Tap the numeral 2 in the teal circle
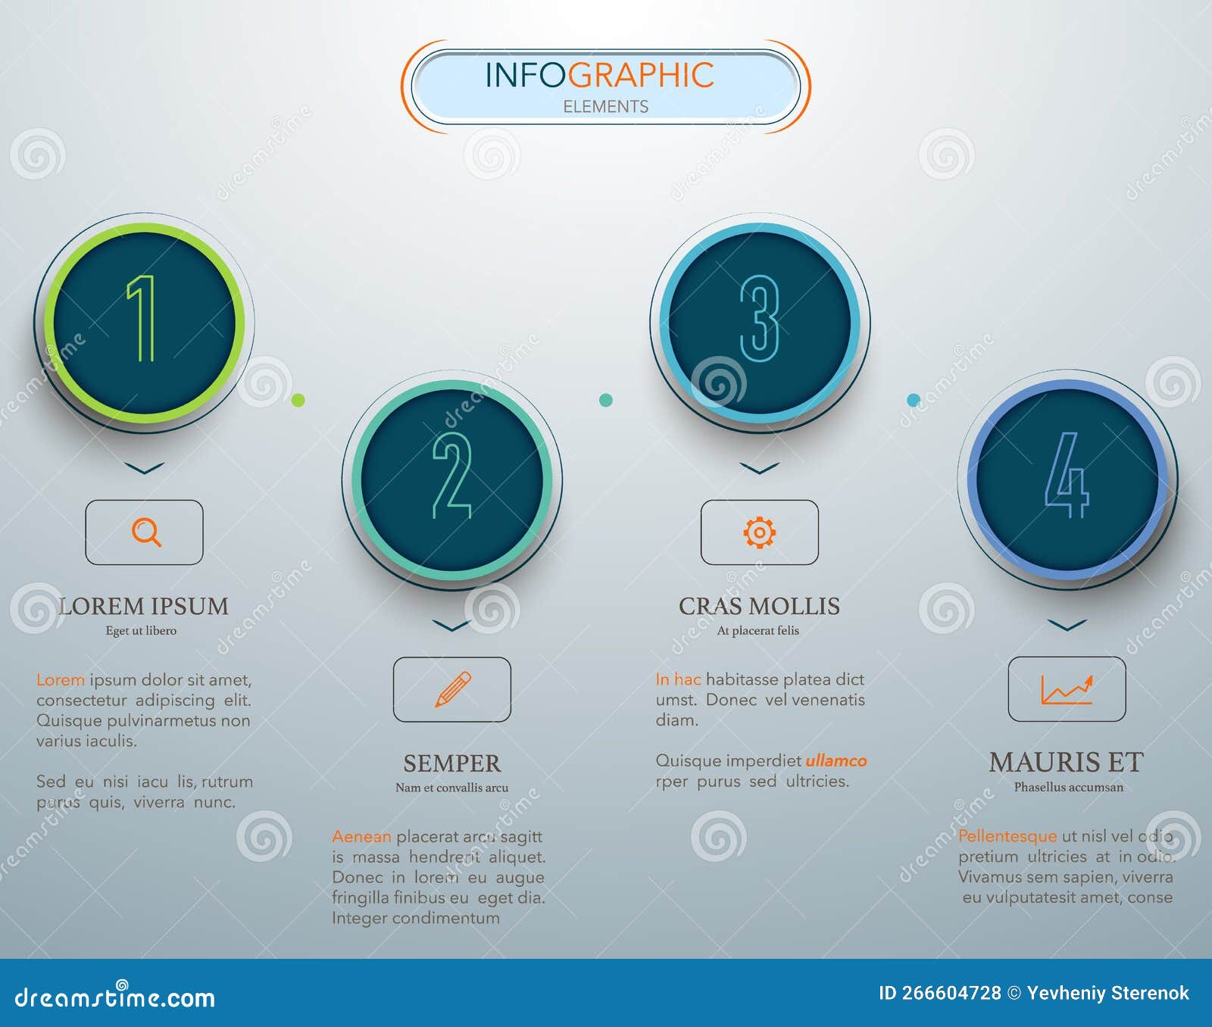tap(452, 476)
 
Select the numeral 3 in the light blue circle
tap(760, 318)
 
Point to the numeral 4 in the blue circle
tap(1067, 475)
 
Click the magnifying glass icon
tap(146, 532)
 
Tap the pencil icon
tap(453, 689)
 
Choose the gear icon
tap(760, 532)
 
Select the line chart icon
tap(1067, 690)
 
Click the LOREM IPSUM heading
tap(143, 606)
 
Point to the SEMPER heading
tap(452, 763)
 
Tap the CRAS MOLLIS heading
tap(759, 606)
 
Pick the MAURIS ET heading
tap(1067, 762)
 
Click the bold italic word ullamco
tap(836, 760)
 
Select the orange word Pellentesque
tap(1007, 836)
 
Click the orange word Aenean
tap(361, 836)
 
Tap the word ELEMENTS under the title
tap(606, 107)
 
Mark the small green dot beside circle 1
tap(298, 400)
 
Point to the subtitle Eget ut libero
tap(141, 630)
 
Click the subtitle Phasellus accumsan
tap(1069, 787)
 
